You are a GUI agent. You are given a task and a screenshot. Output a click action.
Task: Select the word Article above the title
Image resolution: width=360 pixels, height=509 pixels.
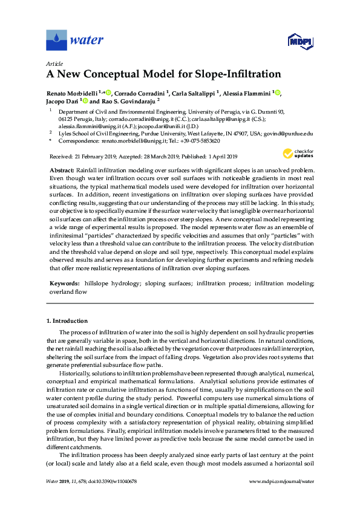pyautogui.click(x=53, y=64)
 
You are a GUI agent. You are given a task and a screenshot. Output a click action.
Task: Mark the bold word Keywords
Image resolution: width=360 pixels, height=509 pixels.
pyautogui.click(x=62, y=283)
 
